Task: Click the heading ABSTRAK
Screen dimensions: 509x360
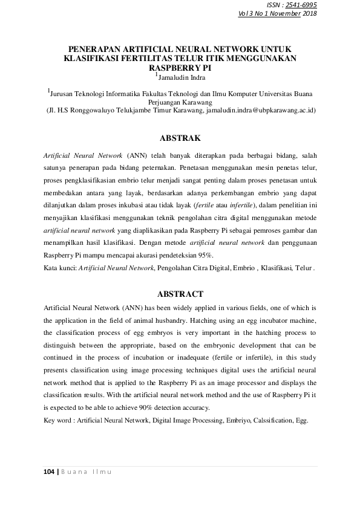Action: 180,138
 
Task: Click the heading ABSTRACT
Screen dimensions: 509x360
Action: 180,294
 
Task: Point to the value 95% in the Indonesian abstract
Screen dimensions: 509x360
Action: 204,256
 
